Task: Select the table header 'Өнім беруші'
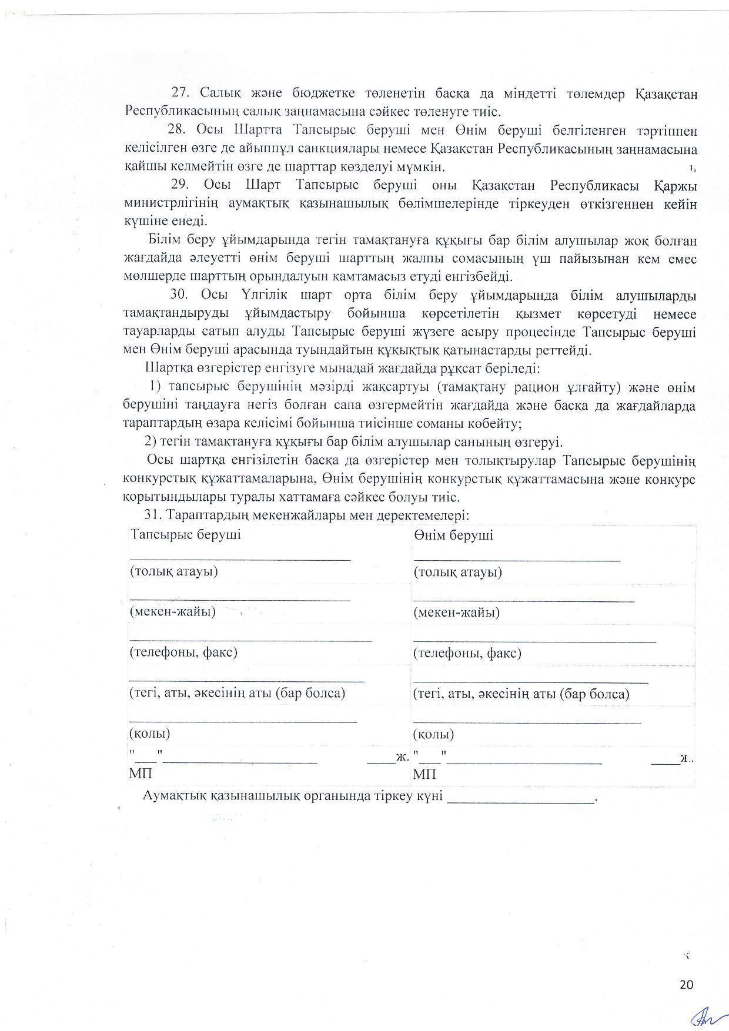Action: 453,535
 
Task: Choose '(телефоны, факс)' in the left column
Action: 183,652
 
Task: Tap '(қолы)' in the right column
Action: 433,734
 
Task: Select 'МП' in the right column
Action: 424,775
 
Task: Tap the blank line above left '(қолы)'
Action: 243,721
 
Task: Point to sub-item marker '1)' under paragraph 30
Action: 155,387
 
